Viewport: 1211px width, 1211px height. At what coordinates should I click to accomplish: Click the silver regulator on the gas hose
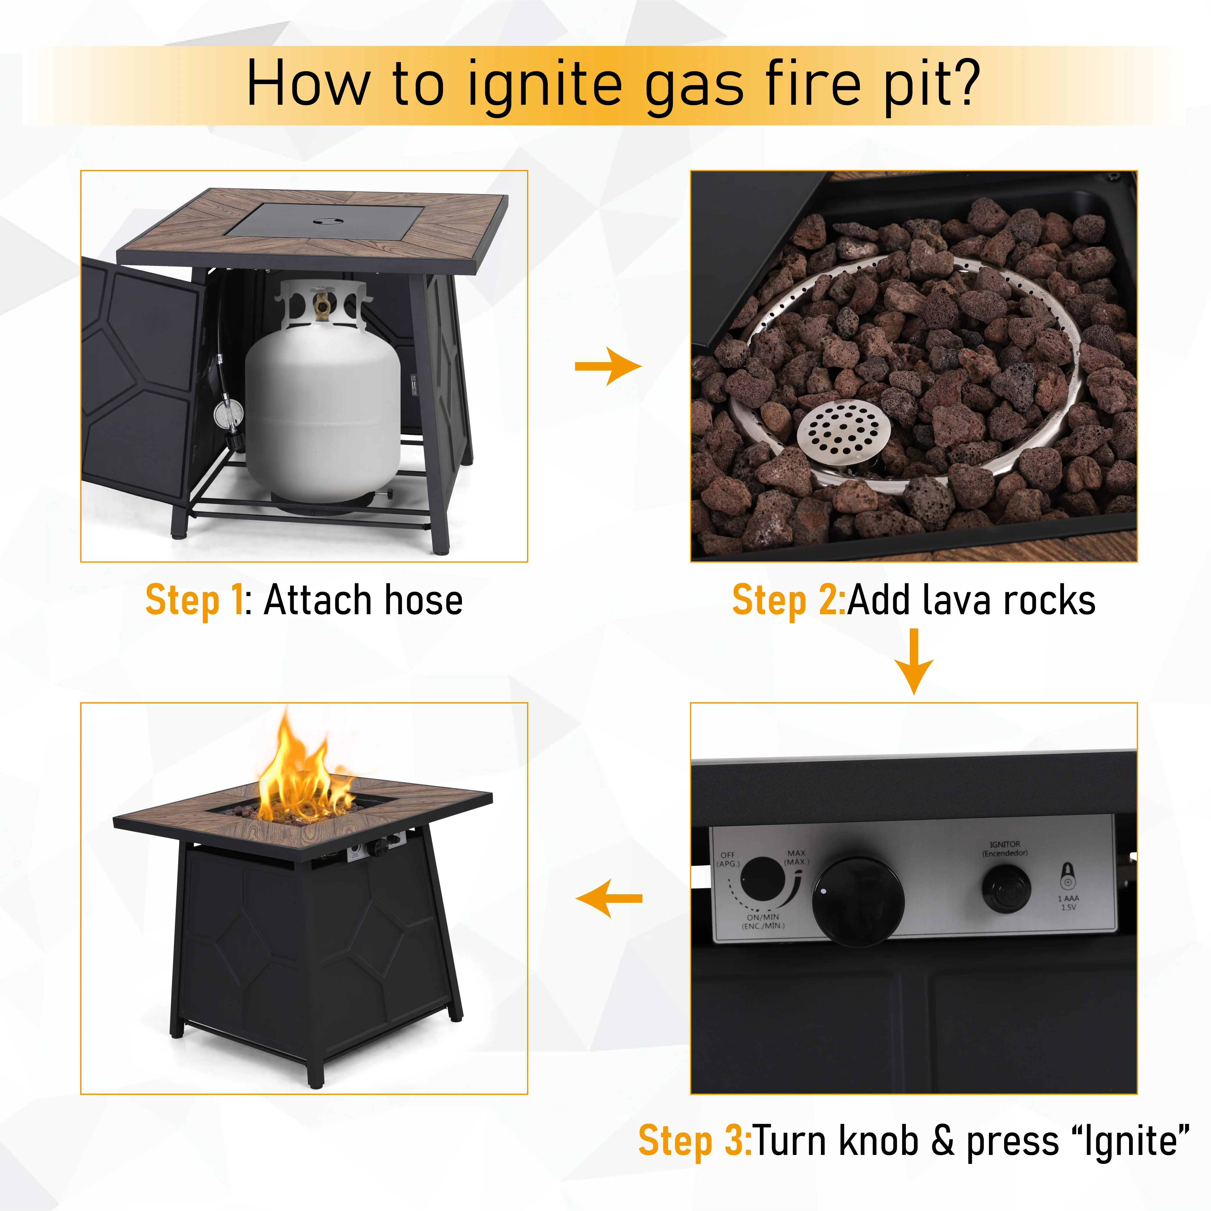(x=229, y=414)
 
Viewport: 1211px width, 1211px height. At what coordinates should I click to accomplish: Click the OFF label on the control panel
(x=728, y=854)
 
